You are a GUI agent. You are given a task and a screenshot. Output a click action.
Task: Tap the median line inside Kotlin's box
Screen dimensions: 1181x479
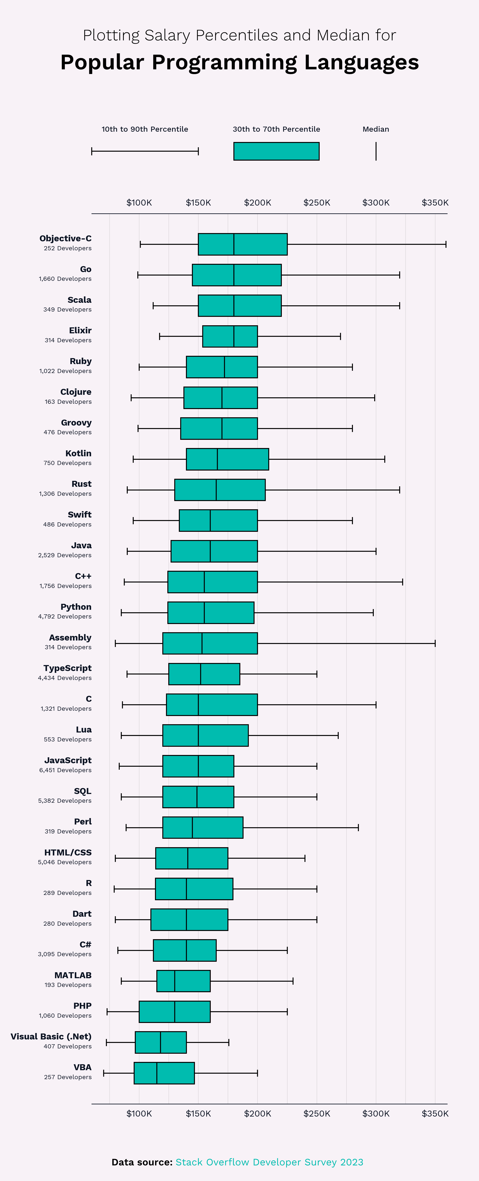[x=217, y=459]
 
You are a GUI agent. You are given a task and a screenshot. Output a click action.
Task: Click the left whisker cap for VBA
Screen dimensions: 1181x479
[x=104, y=1073]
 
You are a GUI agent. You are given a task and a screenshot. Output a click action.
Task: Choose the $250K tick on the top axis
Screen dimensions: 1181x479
[x=317, y=203]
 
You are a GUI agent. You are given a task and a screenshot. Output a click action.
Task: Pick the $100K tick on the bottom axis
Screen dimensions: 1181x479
[x=139, y=1113]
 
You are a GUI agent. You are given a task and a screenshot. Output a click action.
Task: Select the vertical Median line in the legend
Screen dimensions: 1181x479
[x=376, y=151]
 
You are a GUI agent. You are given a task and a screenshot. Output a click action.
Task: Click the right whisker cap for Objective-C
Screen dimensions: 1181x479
[x=446, y=244]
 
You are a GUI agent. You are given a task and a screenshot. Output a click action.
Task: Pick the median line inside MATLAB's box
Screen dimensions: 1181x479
[x=175, y=981]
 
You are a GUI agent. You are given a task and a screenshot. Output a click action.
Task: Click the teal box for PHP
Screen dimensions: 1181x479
[x=175, y=1011]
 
